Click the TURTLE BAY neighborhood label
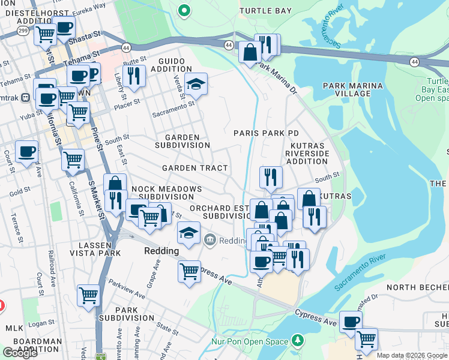pos(265,11)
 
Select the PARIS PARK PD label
pos(266,133)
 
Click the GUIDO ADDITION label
pos(175,65)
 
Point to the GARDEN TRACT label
pos(194,169)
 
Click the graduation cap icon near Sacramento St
pos(196,85)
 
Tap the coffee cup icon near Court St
pos(26,152)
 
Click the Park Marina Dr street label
pos(277,78)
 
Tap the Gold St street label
pos(19,191)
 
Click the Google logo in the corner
pos(20,353)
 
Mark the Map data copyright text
pos(412,355)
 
